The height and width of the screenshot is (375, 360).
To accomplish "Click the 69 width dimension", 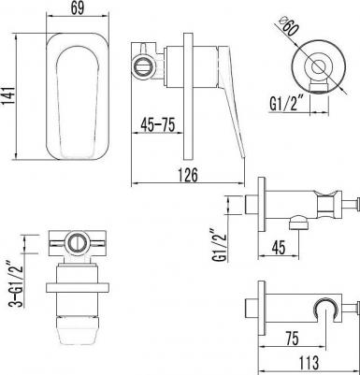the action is click(78, 8).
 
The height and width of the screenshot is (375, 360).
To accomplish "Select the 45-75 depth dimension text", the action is click(157, 124).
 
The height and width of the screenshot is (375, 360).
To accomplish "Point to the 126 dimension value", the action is click(188, 175).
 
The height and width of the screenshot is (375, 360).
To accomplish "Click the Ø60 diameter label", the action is click(287, 27).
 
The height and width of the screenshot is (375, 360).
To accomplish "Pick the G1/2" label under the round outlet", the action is click(287, 104).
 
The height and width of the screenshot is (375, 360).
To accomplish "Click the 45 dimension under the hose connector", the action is click(279, 248).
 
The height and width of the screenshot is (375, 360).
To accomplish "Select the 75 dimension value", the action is click(291, 338).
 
